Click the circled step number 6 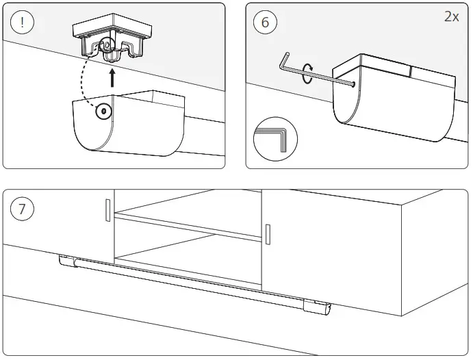265,22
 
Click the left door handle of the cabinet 107,210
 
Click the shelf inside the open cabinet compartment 188,226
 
